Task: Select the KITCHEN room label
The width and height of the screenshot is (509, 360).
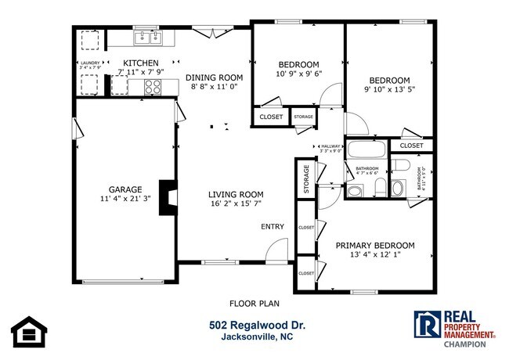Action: [x=140, y=63]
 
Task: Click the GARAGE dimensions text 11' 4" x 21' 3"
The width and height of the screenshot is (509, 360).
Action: [x=125, y=199]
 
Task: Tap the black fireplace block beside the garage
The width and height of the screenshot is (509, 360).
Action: [x=168, y=197]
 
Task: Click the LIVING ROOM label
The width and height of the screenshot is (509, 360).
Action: [x=235, y=194]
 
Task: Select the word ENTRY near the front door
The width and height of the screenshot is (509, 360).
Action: [x=273, y=227]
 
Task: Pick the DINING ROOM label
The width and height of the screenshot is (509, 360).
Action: [x=214, y=77]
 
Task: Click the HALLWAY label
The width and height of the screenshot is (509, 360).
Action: [x=330, y=146]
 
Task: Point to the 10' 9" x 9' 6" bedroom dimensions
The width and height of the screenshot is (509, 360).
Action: [x=298, y=74]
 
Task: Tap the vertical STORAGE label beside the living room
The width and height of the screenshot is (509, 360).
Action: [x=306, y=179]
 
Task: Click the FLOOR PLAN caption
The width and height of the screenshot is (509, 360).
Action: [x=254, y=303]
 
